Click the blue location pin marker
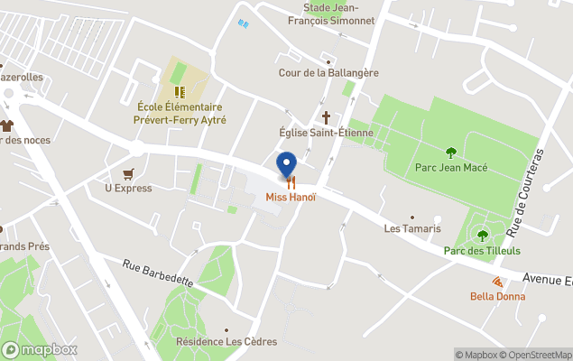pos(286,164)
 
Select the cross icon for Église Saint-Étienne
pos(327,117)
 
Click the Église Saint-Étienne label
pos(326,133)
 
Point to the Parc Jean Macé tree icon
pos(451,152)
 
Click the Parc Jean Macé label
pos(451,168)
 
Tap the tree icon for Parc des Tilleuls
pos(482,236)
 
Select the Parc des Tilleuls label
pos(482,251)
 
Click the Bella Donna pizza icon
pos(497,282)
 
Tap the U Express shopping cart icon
pos(128,173)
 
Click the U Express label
pos(128,189)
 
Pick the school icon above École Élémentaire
pos(180,91)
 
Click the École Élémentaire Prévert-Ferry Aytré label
pos(180,114)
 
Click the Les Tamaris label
pos(412,228)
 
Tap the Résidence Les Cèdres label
pos(226,342)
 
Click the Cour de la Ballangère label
pos(328,72)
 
